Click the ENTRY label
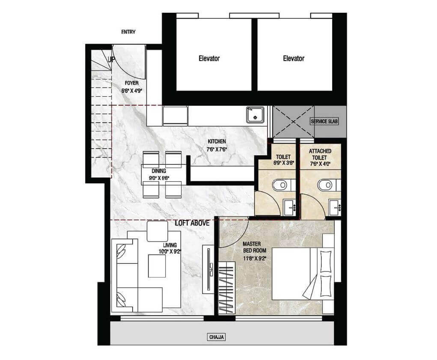pyautogui.click(x=128, y=32)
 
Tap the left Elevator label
pyautogui.click(x=209, y=59)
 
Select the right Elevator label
pyautogui.click(x=294, y=59)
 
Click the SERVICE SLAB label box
pyautogui.click(x=324, y=121)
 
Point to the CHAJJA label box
pyautogui.click(x=217, y=337)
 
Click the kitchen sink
pyautogui.click(x=255, y=115)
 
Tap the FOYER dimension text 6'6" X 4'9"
pyautogui.click(x=132, y=91)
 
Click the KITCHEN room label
pyautogui.click(x=217, y=142)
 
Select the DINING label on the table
pyautogui.click(x=159, y=171)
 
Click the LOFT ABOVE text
pyautogui.click(x=192, y=223)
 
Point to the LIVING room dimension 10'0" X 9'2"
pyautogui.click(x=170, y=251)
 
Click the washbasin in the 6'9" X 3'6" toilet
pyautogui.click(x=290, y=207)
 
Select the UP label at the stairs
pyautogui.click(x=111, y=59)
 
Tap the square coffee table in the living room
pyautogui.click(x=157, y=266)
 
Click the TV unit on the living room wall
pyautogui.click(x=208, y=269)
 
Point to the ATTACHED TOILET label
pyautogui.click(x=320, y=154)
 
